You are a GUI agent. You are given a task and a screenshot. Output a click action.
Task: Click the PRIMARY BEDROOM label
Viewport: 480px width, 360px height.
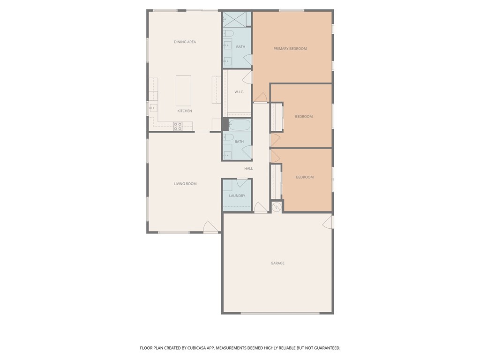tap(290, 49)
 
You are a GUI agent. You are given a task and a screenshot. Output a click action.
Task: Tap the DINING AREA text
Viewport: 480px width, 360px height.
tap(185, 42)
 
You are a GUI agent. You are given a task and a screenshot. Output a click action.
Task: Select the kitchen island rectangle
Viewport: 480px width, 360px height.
tap(183, 90)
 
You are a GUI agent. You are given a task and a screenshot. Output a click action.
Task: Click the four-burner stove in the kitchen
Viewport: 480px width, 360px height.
tap(178, 126)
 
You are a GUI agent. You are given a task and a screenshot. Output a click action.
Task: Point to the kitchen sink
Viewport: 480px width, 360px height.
tap(153, 108)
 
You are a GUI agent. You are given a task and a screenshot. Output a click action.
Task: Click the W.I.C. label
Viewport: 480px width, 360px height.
tap(239, 92)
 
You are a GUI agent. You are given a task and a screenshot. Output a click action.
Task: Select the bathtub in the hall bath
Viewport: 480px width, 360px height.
tap(239, 125)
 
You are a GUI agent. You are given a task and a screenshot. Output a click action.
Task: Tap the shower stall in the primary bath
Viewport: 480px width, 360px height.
tap(237, 19)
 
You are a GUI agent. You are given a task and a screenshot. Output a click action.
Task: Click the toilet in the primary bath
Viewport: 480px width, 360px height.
tap(228, 33)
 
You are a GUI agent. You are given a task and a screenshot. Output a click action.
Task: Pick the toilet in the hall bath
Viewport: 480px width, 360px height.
tap(228, 137)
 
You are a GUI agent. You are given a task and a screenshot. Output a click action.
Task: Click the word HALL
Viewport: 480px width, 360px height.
tap(248, 169)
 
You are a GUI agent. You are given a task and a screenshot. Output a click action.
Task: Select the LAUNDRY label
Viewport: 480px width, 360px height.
tap(237, 196)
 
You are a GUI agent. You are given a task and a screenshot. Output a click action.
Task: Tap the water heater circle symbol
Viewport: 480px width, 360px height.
tap(277, 207)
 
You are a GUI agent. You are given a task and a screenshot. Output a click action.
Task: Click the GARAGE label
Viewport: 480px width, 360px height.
tap(277, 263)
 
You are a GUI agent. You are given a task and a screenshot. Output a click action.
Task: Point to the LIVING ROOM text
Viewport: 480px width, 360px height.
tap(185, 184)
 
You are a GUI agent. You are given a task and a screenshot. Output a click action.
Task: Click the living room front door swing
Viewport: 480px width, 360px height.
tap(210, 227)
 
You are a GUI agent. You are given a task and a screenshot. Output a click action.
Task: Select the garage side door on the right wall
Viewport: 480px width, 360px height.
tap(329, 222)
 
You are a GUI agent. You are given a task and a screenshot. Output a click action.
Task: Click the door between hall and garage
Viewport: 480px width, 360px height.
tap(260, 207)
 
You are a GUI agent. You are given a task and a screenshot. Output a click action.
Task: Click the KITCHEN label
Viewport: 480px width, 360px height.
tap(184, 111)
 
